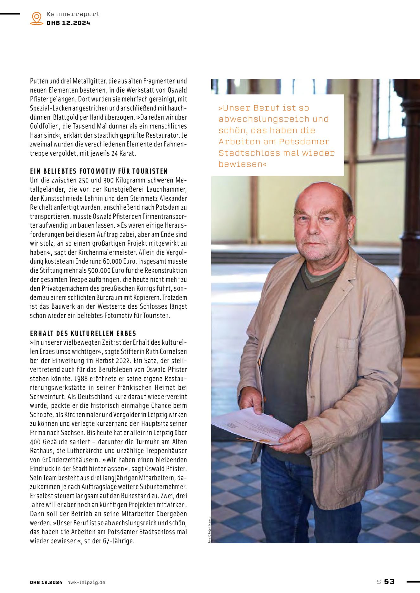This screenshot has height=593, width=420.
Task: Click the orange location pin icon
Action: [x=37, y=18]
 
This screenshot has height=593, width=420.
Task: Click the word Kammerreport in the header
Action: [x=73, y=14]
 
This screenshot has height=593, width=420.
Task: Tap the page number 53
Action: [x=389, y=581]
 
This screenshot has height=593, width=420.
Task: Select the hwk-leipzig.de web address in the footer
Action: [x=86, y=582]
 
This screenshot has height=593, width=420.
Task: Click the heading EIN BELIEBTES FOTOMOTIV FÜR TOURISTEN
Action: [x=99, y=171]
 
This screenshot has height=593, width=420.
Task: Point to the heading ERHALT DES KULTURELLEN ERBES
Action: [x=83, y=333]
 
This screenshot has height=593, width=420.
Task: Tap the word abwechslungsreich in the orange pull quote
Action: [x=261, y=119]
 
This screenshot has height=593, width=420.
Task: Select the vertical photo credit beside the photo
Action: [x=209, y=530]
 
